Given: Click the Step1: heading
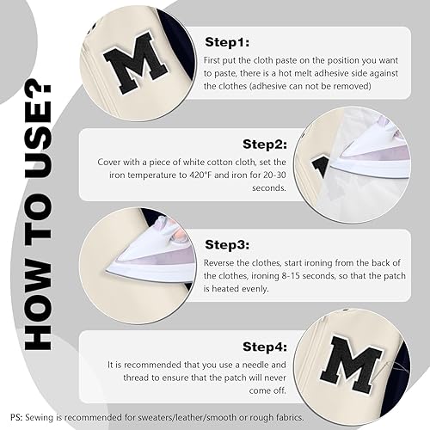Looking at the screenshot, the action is coord(227,42).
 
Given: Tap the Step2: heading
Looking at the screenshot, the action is coord(265,144).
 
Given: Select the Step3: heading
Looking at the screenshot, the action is coord(227,244).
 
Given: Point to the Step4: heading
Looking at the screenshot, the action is coord(265,347).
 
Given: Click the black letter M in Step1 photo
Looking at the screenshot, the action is coord(135,64).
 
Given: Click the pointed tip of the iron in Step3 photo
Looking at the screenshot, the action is coord(106,271).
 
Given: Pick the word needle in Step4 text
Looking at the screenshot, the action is coord(255,365).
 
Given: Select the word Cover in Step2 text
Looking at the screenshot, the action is coord(108,162).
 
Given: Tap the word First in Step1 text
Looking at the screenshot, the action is coord(212,60).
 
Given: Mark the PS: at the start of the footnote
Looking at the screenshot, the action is coord(16,417).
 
